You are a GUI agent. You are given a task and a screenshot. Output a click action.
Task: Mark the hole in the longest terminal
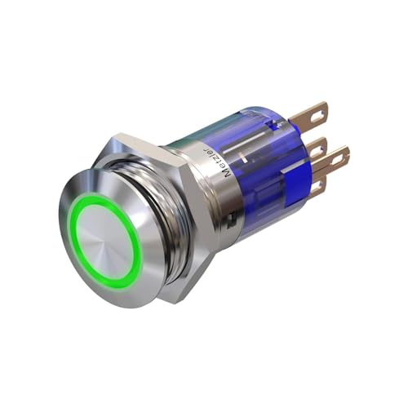coord(339,157)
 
